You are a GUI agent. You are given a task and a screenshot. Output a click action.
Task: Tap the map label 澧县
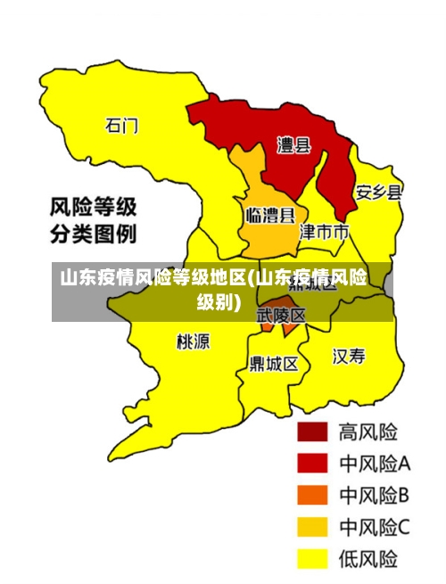tap(293, 144)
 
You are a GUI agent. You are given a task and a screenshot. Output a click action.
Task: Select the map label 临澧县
tap(270, 215)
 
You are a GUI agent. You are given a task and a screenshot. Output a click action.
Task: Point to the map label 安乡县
tap(378, 193)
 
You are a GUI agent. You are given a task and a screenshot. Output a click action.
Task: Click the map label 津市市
tap(323, 232)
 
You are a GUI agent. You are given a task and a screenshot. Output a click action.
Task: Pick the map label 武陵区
tap(281, 316)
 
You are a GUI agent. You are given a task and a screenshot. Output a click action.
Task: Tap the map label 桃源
tap(193, 341)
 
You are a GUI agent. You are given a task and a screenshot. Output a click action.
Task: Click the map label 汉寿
tap(349, 357)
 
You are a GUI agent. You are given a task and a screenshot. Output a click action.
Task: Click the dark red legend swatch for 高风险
tap(312, 432)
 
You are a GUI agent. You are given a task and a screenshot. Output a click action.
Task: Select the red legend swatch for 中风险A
tap(312, 464)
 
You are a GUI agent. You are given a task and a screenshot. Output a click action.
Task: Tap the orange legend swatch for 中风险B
tap(312, 495)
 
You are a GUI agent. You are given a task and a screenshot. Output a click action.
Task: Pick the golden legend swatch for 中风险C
tap(312, 527)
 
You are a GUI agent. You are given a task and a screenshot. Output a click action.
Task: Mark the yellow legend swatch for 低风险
tap(312, 559)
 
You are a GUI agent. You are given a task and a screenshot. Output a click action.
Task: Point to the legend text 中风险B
tap(374, 495)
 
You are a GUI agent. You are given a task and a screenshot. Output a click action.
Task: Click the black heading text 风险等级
tap(92, 209)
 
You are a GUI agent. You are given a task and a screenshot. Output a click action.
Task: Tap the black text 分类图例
tap(92, 235)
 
